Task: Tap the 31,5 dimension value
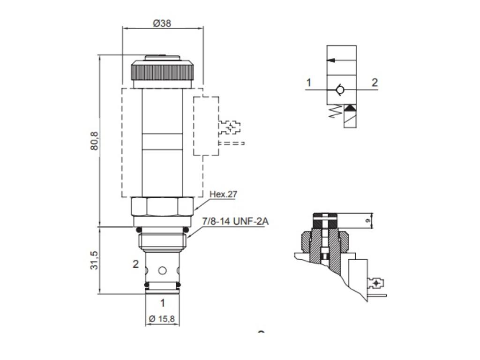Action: (x=94, y=261)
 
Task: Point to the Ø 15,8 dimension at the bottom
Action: (x=162, y=319)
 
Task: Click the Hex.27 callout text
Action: (x=223, y=195)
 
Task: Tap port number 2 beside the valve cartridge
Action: (x=135, y=264)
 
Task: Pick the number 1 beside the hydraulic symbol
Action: (x=308, y=83)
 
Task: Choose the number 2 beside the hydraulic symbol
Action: (x=375, y=83)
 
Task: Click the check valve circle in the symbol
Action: (x=341, y=90)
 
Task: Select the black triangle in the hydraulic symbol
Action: (x=350, y=109)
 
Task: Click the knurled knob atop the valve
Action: (x=162, y=71)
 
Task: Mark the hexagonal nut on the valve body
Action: (x=162, y=206)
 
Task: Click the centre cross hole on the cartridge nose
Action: (x=162, y=270)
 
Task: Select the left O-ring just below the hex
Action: (x=138, y=230)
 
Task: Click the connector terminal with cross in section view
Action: (x=375, y=283)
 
